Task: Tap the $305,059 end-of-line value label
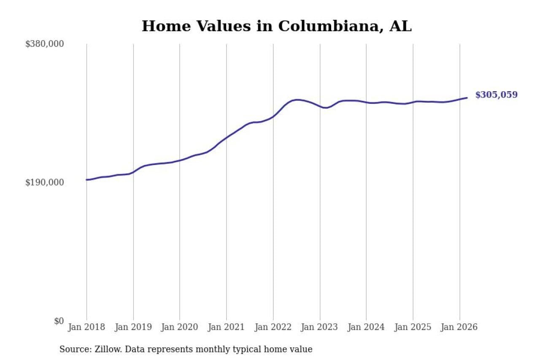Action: click(x=496, y=95)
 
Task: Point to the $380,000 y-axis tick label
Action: click(x=44, y=44)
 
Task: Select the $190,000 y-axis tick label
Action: click(x=44, y=182)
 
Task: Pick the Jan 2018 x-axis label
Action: click(x=86, y=328)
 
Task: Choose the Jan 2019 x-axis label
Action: click(x=133, y=328)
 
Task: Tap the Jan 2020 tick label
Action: click(x=180, y=328)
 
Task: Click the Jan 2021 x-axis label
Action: click(x=227, y=328)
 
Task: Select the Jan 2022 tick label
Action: click(x=273, y=328)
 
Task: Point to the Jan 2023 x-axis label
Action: click(x=320, y=328)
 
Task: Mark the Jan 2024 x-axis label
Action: click(x=366, y=328)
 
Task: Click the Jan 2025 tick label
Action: click(x=413, y=328)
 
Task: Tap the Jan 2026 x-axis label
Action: click(x=459, y=328)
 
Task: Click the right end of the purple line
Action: click(x=467, y=98)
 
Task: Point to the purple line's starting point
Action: click(x=87, y=180)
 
